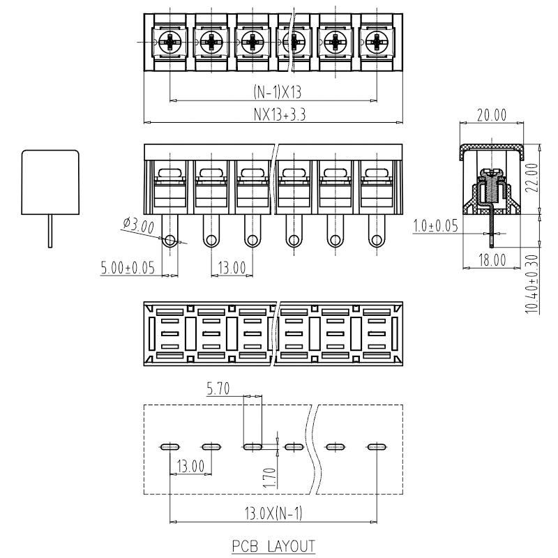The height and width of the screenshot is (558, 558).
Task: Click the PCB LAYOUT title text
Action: [273, 546]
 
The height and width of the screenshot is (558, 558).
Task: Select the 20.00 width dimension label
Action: [492, 115]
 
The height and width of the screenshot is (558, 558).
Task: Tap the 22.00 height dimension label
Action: [532, 178]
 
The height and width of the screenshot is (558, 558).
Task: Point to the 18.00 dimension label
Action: [492, 260]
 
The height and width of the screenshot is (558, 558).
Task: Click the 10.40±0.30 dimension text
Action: [532, 284]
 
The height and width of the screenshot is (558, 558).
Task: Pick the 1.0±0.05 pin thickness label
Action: [435, 226]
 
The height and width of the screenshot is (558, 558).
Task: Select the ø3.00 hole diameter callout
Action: [139, 225]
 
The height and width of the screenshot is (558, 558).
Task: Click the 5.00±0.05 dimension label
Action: [128, 268]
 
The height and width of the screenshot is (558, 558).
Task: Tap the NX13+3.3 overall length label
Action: [280, 114]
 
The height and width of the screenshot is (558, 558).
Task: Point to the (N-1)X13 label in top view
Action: [277, 92]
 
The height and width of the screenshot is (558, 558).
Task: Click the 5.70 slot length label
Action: [218, 389]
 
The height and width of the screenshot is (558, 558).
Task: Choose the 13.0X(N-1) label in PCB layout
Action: [273, 513]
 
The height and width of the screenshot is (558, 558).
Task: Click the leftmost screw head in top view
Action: [170, 43]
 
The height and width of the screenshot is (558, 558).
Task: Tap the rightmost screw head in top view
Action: [377, 43]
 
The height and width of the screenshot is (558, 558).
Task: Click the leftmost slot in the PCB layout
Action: [170, 447]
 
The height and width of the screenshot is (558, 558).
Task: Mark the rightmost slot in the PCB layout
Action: [377, 447]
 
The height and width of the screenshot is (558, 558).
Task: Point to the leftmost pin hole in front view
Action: [170, 240]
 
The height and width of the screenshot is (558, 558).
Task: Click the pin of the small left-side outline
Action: [50, 231]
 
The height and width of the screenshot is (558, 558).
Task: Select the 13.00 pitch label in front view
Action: [232, 268]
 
